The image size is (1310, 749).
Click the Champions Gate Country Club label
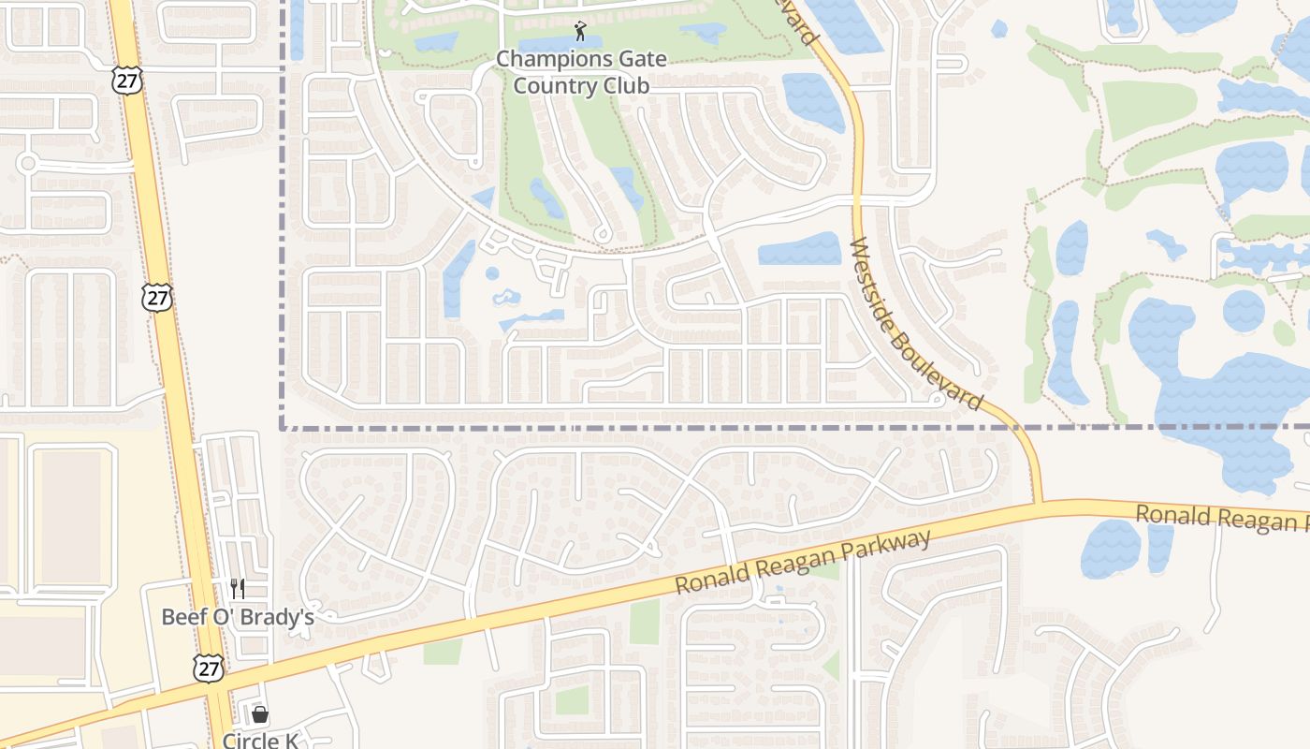tap(581, 72)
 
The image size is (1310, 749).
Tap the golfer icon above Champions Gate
tap(580, 31)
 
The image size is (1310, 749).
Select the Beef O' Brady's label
tap(237, 617)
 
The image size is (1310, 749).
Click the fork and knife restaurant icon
tap(238, 589)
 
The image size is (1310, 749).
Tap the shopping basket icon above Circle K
tap(259, 714)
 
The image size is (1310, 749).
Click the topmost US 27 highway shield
tap(126, 80)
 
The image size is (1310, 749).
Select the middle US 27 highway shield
tap(157, 298)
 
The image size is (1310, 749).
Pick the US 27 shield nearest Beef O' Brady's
tap(209, 667)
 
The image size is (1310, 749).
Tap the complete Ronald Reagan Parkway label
tap(804, 562)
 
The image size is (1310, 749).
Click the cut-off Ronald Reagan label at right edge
tap(1221, 518)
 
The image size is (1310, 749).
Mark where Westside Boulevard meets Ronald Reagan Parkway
tap(1038, 507)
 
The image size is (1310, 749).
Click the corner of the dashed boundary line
tap(283, 427)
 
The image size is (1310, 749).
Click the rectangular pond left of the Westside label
tap(799, 249)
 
